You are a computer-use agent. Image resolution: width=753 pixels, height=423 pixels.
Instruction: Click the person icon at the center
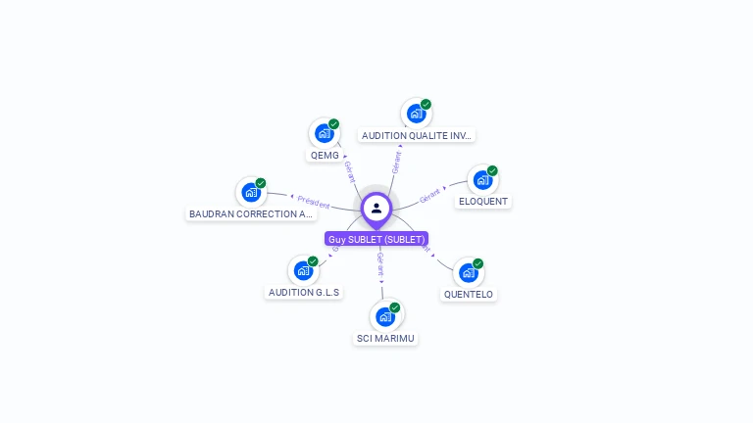pyautogui.click(x=376, y=208)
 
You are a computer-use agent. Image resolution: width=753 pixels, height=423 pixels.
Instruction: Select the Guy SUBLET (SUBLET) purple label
pyautogui.click(x=376, y=239)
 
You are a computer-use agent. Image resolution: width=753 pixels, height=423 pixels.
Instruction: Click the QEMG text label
pyautogui.click(x=325, y=156)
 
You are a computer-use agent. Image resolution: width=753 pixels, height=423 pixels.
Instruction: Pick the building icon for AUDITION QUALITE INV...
pyautogui.click(x=416, y=114)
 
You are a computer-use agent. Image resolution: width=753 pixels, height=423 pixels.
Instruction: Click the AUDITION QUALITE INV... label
pyautogui.click(x=417, y=136)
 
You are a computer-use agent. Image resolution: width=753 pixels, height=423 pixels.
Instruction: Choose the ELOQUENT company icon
pyautogui.click(x=482, y=180)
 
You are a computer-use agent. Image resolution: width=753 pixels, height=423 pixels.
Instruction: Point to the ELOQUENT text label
pyautogui.click(x=483, y=202)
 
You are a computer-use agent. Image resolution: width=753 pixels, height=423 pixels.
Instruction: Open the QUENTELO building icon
pyautogui.click(x=468, y=272)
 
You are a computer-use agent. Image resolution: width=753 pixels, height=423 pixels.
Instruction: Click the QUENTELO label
pyautogui.click(x=469, y=295)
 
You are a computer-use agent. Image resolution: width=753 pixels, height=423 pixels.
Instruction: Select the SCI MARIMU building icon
pyautogui.click(x=384, y=316)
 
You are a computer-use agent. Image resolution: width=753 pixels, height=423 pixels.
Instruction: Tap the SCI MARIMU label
pyautogui.click(x=385, y=339)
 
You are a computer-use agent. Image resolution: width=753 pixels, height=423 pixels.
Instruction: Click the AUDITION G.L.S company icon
pyautogui.click(x=303, y=270)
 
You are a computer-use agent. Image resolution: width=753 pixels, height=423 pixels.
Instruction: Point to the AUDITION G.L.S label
pyautogui.click(x=304, y=292)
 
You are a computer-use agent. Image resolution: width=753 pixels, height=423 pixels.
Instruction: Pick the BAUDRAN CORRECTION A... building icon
pyautogui.click(x=251, y=192)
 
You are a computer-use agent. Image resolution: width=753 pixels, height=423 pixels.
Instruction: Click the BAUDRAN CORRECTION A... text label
pyautogui.click(x=252, y=213)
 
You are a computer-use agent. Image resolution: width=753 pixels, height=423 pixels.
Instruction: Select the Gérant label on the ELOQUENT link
pyautogui.click(x=430, y=196)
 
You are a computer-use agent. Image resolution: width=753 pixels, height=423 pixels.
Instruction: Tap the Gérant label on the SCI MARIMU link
pyautogui.click(x=380, y=262)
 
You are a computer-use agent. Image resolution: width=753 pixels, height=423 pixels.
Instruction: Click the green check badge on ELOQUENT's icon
pyautogui.click(x=492, y=170)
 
